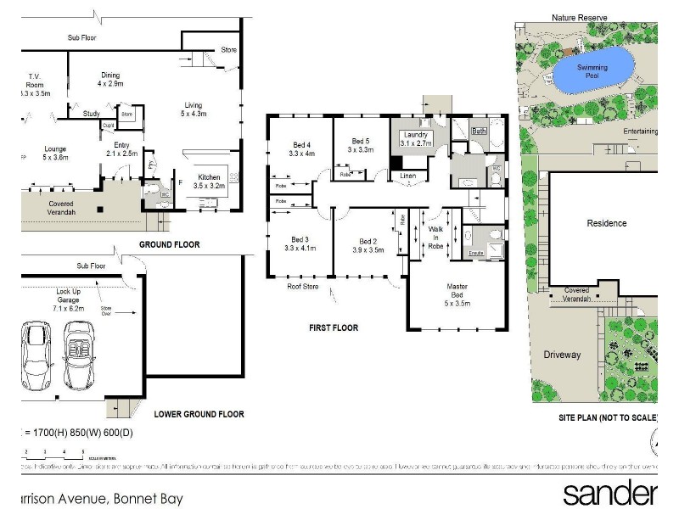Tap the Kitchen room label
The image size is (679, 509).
209,181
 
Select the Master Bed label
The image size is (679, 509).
457,293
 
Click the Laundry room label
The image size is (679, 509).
416,139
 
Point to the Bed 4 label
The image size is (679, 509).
301,148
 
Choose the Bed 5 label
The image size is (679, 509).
361,145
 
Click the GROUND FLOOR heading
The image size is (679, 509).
170,244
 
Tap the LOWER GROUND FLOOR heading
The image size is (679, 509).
199,414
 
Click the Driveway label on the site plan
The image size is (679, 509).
562,355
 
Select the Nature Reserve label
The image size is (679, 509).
580,17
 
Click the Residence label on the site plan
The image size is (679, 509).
607,223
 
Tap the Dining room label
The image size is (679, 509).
110,80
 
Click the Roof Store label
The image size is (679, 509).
302,286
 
